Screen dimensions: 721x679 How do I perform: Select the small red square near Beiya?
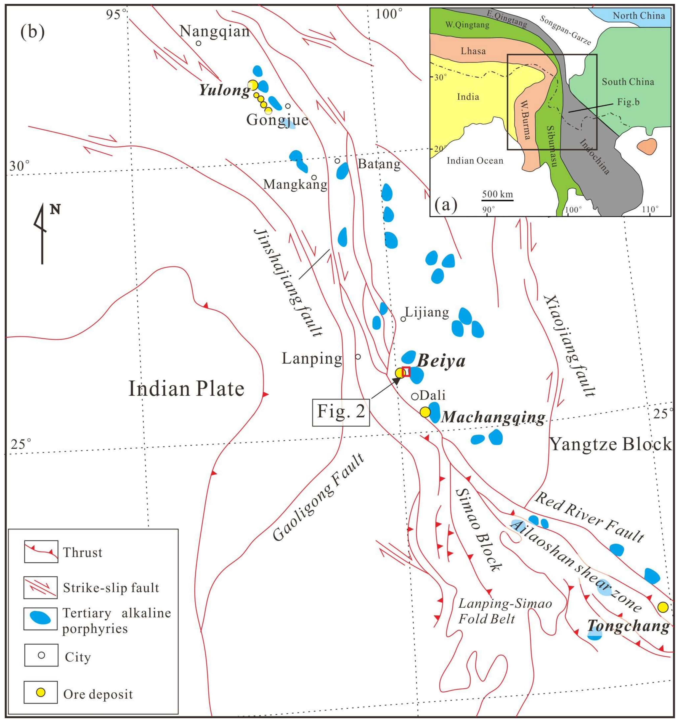pos(406,371)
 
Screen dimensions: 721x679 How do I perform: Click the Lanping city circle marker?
pos(358,357)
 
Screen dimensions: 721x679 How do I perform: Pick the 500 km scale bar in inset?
pos(497,199)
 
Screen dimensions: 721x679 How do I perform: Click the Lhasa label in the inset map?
pos(473,51)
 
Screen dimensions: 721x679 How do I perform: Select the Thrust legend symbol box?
pos(41,552)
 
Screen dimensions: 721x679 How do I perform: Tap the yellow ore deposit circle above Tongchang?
pos(663,607)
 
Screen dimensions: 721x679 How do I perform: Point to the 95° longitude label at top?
pos(117,14)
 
